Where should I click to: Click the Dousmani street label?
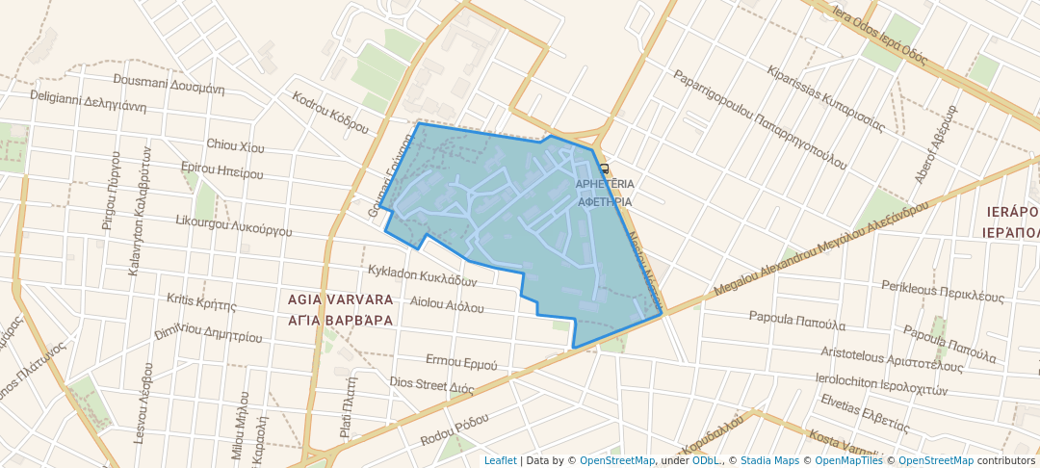[169, 83]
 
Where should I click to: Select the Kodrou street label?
[330, 112]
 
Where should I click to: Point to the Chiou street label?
[235, 145]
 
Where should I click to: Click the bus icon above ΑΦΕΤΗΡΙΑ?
[604, 167]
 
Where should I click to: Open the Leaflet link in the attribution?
[500, 460]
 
